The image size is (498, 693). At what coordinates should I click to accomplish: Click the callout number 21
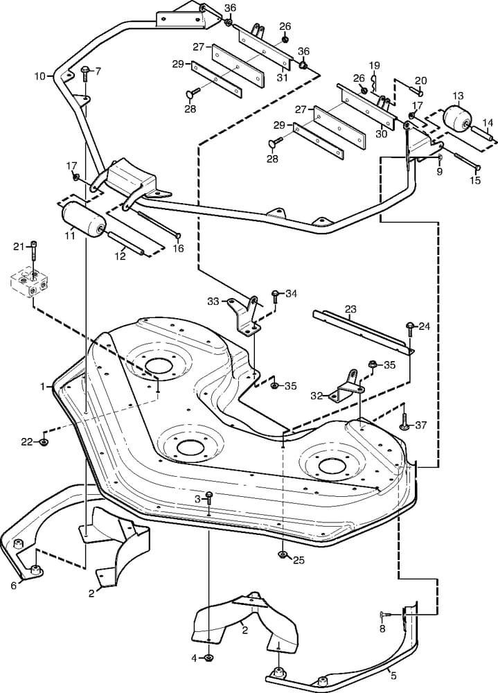18,246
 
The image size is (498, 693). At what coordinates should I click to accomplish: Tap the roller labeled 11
82,220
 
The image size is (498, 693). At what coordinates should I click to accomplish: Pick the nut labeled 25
282,554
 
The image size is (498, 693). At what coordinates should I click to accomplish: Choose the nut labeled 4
211,657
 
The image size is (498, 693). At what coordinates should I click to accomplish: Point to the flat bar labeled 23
360,332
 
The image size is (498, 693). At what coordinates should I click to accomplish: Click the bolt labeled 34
275,296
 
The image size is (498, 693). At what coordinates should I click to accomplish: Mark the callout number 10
39,75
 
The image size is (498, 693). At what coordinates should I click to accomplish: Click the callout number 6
13,585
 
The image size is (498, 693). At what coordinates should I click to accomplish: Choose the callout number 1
42,385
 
